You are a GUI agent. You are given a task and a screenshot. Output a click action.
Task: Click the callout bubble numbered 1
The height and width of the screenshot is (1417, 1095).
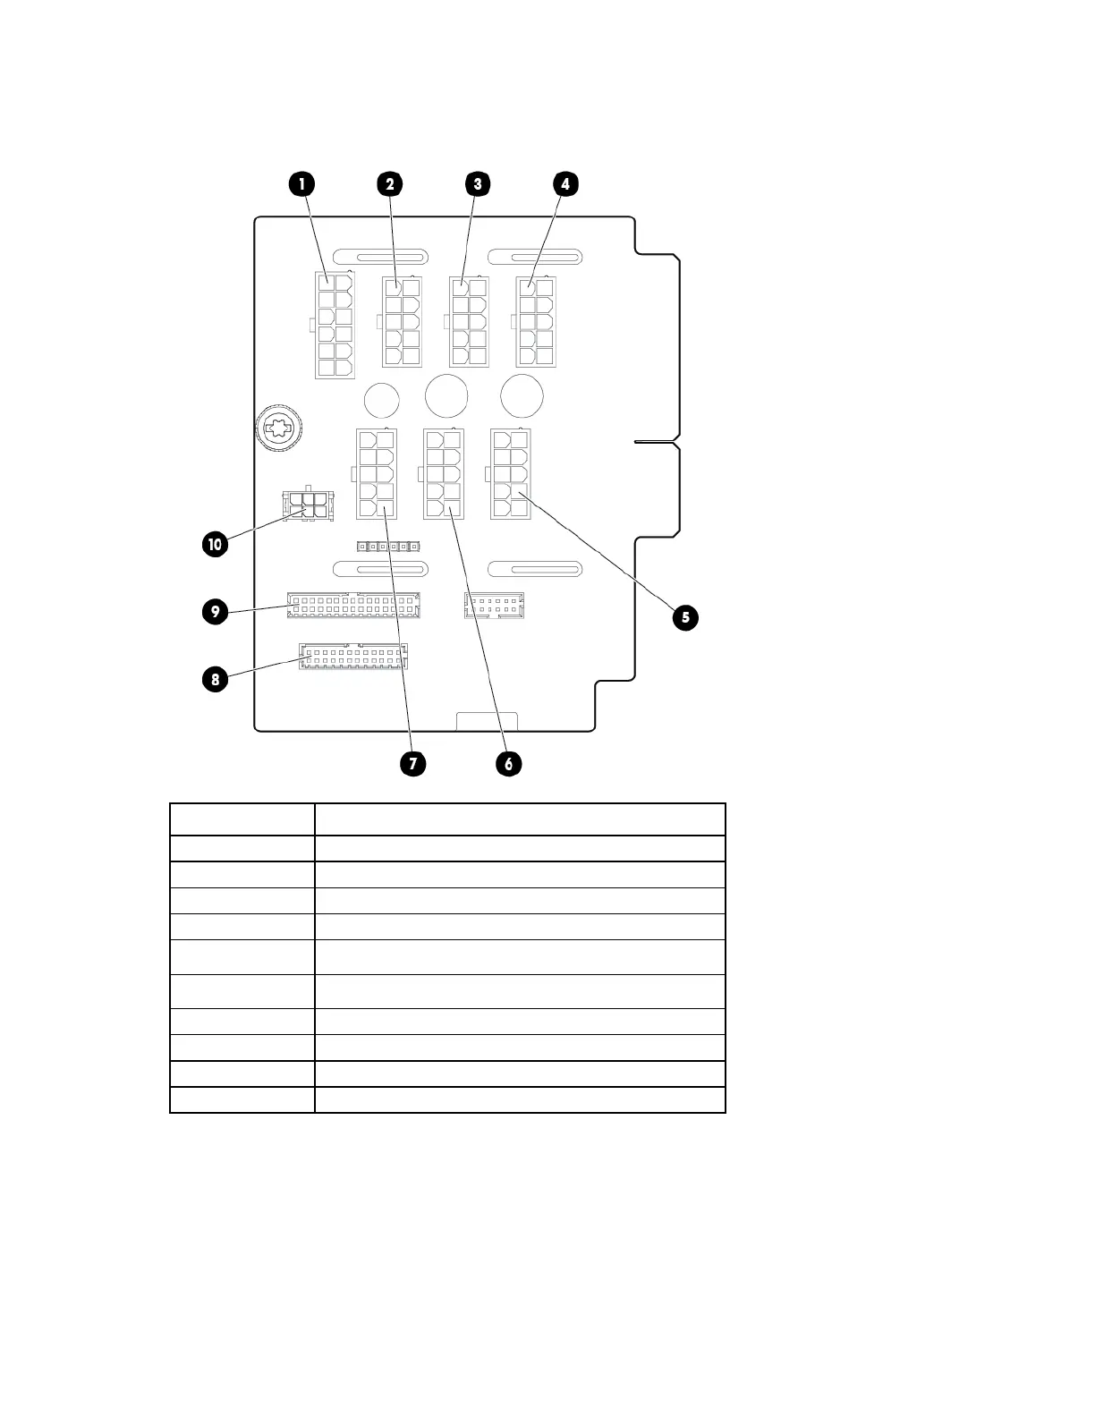pyautogui.click(x=301, y=184)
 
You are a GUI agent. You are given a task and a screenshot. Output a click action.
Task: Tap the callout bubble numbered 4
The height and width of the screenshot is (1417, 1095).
pyautogui.click(x=565, y=184)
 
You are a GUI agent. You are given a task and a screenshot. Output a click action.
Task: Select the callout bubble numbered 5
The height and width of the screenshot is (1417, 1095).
pyautogui.click(x=685, y=617)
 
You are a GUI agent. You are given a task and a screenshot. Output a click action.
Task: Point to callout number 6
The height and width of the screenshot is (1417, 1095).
pyautogui.click(x=508, y=764)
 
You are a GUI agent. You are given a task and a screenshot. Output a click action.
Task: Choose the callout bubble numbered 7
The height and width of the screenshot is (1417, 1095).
pyautogui.click(x=412, y=764)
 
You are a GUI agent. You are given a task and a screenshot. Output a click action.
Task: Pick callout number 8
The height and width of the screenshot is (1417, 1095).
pyautogui.click(x=215, y=679)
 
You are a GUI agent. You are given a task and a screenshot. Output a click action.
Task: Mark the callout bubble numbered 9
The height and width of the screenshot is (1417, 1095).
pyautogui.click(x=215, y=613)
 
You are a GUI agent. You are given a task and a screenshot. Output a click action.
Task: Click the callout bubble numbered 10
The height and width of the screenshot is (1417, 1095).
pyautogui.click(x=215, y=545)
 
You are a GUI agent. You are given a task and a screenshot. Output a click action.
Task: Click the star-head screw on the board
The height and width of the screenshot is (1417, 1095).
pyautogui.click(x=280, y=429)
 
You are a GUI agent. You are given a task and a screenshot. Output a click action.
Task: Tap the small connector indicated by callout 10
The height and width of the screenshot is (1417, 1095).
pyautogui.click(x=307, y=506)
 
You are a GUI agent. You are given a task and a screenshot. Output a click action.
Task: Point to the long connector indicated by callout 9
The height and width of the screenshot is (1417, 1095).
pyautogui.click(x=353, y=606)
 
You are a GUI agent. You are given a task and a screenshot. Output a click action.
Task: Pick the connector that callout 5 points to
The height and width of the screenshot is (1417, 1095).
pyautogui.click(x=510, y=474)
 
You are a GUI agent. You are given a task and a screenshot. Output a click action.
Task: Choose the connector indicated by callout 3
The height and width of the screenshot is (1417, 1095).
pyautogui.click(x=469, y=322)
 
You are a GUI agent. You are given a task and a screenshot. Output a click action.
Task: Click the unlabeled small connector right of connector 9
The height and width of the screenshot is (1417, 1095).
pyautogui.click(x=494, y=606)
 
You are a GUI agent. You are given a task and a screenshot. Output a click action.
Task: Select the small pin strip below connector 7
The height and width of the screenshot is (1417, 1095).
pyautogui.click(x=388, y=545)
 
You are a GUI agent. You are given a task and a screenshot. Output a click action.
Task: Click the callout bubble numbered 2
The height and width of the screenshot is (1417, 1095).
pyautogui.click(x=389, y=184)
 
